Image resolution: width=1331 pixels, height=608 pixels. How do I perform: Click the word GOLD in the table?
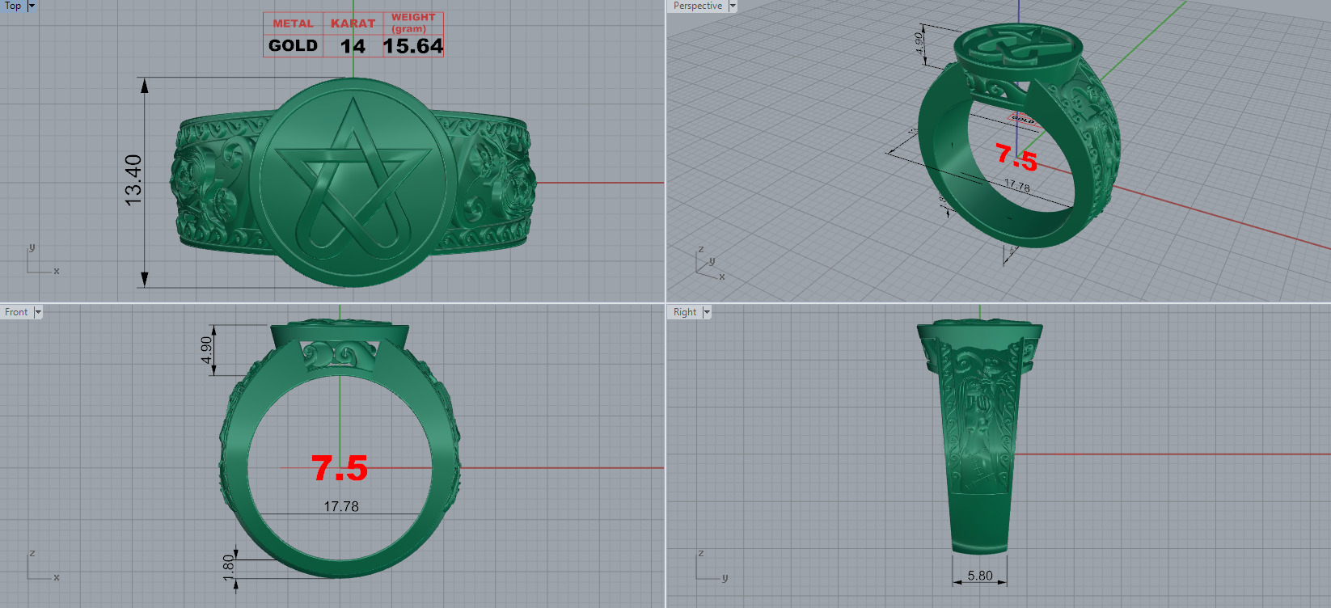coord(293,46)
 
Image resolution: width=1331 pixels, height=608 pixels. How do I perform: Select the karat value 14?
coord(353,46)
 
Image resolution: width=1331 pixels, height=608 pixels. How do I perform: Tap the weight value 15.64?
coord(412,46)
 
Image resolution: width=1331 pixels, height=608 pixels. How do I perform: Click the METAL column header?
coord(293,23)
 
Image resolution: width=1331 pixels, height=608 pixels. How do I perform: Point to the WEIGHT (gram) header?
coord(413,23)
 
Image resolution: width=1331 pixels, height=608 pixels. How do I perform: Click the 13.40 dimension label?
coord(133,179)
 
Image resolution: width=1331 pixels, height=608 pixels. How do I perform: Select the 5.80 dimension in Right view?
coord(980,576)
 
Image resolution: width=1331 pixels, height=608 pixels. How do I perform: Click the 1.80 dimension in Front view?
coord(229,563)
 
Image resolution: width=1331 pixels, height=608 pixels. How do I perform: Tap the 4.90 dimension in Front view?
coord(207,350)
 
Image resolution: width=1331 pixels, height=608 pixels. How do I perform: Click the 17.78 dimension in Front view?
coord(341,506)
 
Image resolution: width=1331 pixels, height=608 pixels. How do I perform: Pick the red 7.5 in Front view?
coord(340,468)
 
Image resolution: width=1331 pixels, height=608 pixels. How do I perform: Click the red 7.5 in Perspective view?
coord(1016,157)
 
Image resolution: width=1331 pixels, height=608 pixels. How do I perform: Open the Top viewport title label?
coord(13,6)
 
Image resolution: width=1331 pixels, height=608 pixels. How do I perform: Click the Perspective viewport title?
coord(697,6)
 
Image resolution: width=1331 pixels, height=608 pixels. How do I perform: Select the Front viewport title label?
coord(16,312)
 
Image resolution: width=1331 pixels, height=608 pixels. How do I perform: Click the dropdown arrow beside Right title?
coord(707,312)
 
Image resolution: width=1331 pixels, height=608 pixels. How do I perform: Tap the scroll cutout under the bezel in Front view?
coord(340,355)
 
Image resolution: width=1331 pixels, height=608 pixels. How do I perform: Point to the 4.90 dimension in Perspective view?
coord(919,44)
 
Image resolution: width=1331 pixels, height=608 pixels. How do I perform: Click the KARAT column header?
coord(353,23)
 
